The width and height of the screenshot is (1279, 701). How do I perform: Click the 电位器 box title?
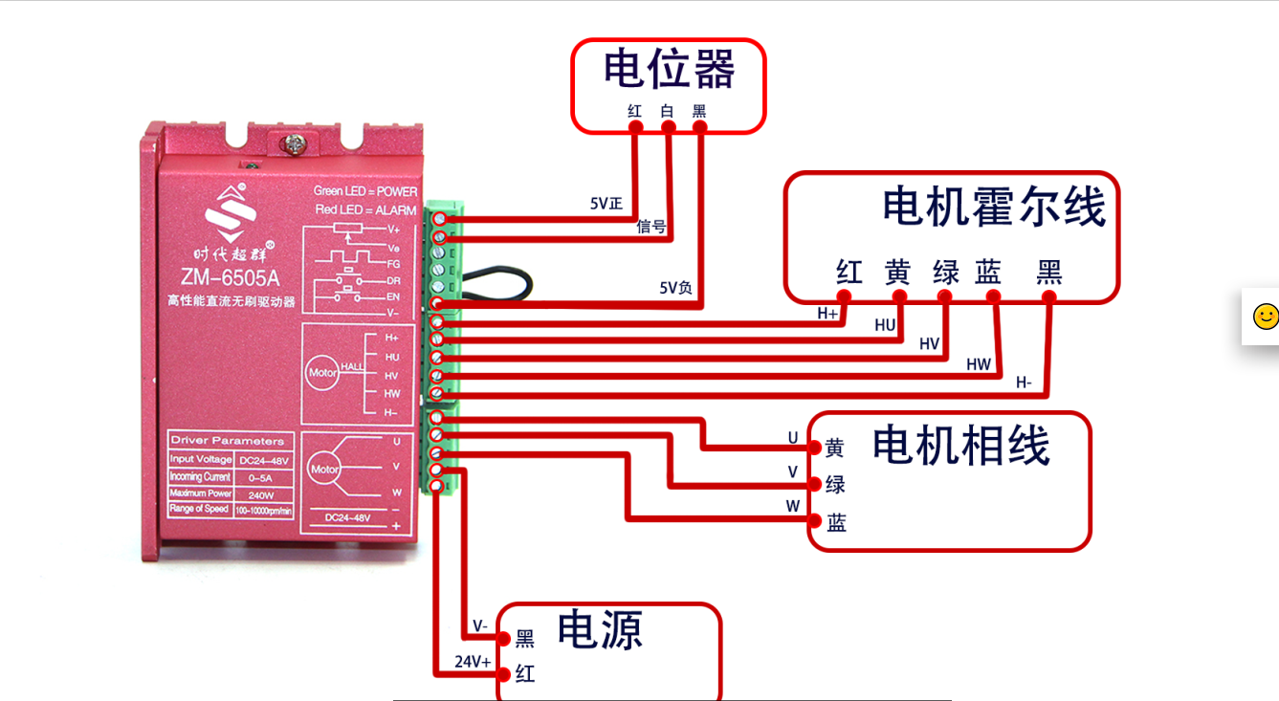[669, 71]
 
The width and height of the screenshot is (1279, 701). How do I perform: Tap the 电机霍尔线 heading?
[993, 208]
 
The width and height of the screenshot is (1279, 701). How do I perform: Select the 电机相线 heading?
[960, 447]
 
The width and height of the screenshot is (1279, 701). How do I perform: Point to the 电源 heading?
[600, 629]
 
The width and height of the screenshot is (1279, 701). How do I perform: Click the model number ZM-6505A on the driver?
[230, 278]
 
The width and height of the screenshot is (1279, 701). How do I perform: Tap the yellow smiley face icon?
[1265, 317]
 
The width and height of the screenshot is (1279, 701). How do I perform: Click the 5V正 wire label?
[606, 204]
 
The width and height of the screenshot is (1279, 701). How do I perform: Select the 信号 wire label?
[651, 227]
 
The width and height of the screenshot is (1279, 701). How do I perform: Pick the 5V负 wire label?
[675, 287]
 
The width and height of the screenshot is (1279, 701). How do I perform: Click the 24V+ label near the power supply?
[473, 662]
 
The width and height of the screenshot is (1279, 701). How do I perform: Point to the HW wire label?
[978, 364]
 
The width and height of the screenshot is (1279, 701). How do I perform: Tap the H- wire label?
[1024, 383]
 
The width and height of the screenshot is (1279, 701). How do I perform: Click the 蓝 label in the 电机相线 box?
[836, 523]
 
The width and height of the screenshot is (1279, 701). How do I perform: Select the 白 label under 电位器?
[667, 111]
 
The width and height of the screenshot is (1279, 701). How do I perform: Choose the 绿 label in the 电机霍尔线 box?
[945, 273]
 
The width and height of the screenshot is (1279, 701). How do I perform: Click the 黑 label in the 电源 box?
[525, 639]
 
